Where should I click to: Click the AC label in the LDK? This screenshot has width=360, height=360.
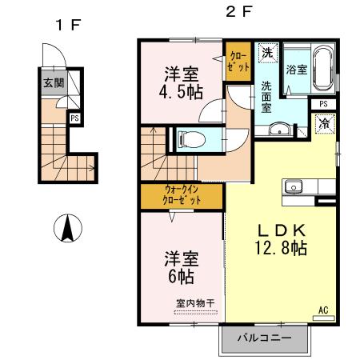(324, 309)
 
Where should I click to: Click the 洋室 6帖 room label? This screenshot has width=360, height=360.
(181, 268)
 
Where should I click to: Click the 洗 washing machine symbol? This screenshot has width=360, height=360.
(267, 53)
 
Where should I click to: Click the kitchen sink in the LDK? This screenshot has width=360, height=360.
(293, 188)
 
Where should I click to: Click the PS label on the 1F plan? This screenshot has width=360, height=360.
(74, 118)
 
